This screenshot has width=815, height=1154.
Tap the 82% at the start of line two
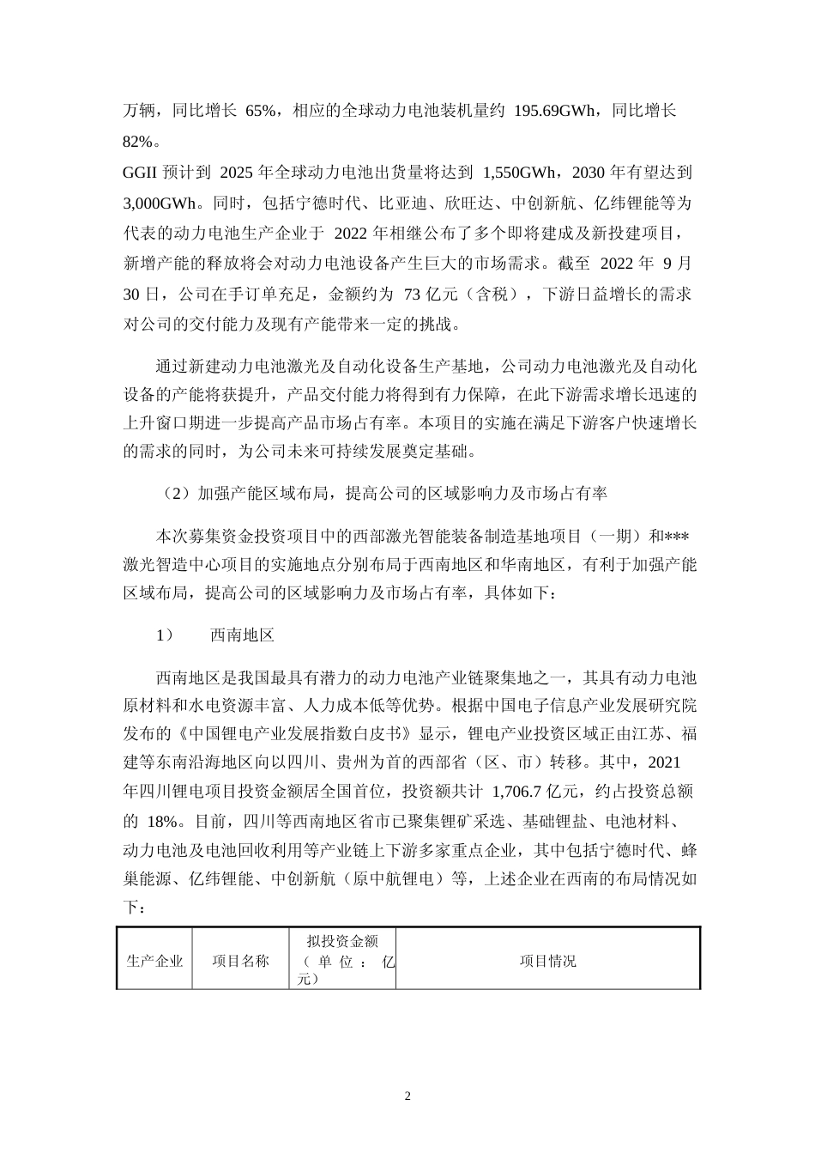click(x=140, y=140)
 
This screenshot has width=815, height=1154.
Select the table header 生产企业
click(x=155, y=961)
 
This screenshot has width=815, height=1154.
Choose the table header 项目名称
click(x=241, y=961)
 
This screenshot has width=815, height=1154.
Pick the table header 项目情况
click(x=548, y=961)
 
